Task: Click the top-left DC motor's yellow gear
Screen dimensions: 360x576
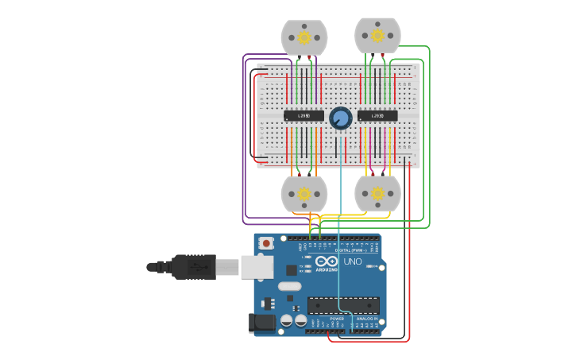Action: tap(304, 37)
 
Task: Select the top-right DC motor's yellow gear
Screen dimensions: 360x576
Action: tap(377, 35)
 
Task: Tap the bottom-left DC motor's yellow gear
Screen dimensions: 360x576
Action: tap(304, 193)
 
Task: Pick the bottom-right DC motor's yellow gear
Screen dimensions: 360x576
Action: tap(377, 193)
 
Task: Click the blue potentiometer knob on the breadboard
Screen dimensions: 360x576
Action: tap(341, 118)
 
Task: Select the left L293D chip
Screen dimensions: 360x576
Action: tap(303, 116)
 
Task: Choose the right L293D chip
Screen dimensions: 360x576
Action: tap(377, 116)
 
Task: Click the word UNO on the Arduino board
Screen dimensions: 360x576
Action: tap(352, 261)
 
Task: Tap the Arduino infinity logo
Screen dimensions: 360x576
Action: tap(327, 261)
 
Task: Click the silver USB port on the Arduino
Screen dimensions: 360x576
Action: tap(257, 267)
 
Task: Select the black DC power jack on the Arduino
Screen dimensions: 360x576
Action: tap(261, 322)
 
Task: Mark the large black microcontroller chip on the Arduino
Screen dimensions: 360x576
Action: tap(343, 305)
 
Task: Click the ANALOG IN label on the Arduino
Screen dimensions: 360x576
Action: tap(366, 318)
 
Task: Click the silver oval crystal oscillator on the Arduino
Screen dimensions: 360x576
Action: tap(289, 286)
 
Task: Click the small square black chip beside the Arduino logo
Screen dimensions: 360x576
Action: tap(292, 269)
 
